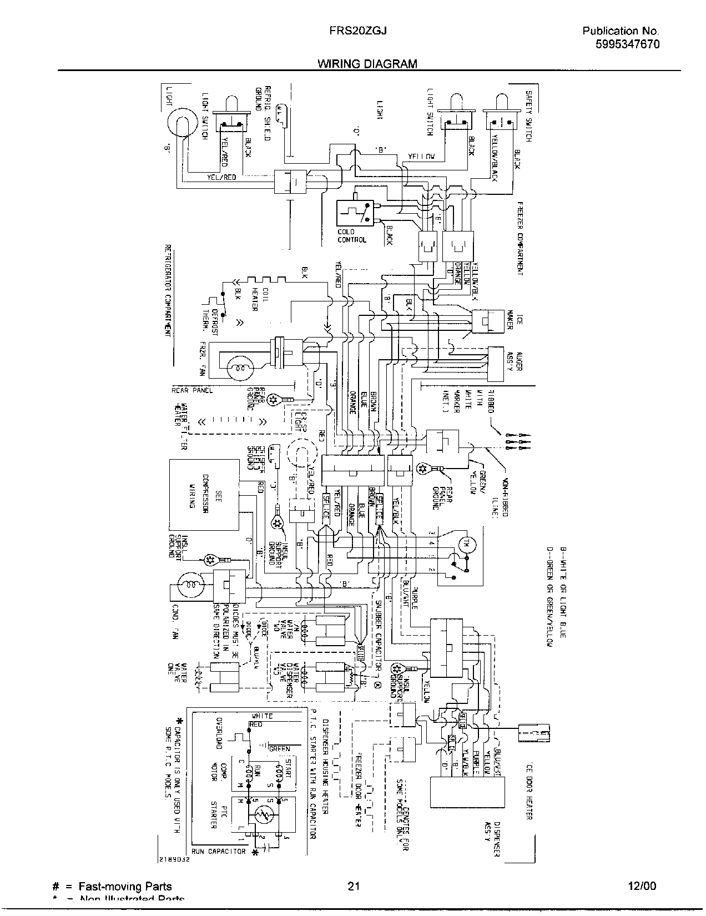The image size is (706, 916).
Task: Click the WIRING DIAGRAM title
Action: coord(367,64)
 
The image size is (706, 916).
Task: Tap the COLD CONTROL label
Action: coord(352,236)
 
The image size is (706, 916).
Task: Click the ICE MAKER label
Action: coord(515,321)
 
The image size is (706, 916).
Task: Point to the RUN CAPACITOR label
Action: coord(218,851)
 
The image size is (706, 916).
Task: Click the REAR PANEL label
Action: coord(192,390)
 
